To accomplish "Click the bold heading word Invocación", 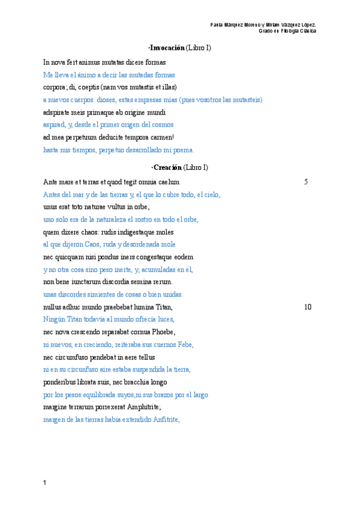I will [x=167, y=47].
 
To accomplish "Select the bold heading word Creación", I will [x=167, y=167].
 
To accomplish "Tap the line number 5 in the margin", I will [x=306, y=182].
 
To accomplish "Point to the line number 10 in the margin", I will [x=308, y=307].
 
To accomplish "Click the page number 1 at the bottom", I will [x=45, y=482].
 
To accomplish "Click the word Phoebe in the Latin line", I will [x=163, y=332].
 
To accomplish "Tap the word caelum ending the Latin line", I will [x=168, y=182].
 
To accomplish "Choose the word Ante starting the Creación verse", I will [x=50, y=182].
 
